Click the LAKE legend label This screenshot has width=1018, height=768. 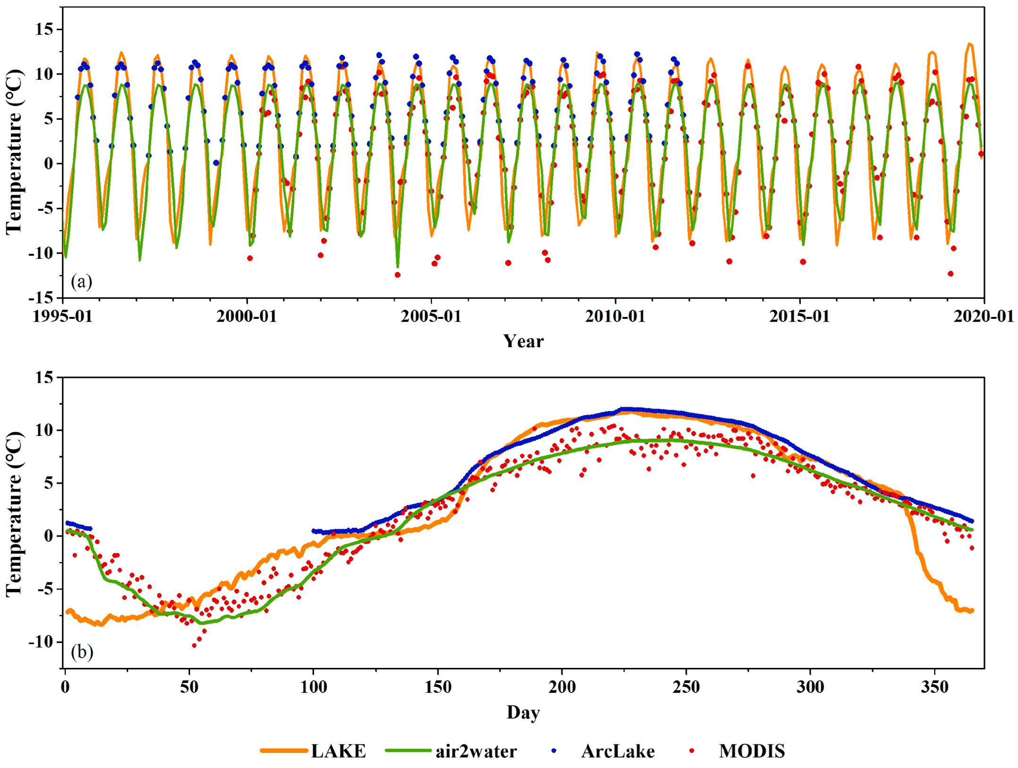[338, 751]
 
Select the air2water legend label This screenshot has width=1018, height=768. [476, 751]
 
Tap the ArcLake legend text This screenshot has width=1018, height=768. [618, 751]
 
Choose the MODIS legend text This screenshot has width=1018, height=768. [752, 751]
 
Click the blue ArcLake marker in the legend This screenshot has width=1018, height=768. [554, 751]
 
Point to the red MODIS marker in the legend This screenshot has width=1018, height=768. [692, 751]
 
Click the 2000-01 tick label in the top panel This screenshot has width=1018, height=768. [247, 316]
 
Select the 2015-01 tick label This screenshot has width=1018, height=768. [799, 316]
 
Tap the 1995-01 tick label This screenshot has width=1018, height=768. [62, 316]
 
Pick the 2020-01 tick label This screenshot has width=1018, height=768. [984, 316]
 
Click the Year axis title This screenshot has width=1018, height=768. [523, 341]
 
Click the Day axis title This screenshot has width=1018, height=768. [523, 712]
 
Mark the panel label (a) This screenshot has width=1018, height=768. [81, 282]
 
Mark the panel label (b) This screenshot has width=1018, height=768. [82, 652]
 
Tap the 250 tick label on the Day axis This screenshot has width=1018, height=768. [686, 687]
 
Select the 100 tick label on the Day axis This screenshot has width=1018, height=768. [313, 687]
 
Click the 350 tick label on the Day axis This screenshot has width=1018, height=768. [934, 687]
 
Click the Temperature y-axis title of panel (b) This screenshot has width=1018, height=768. [14, 514]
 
